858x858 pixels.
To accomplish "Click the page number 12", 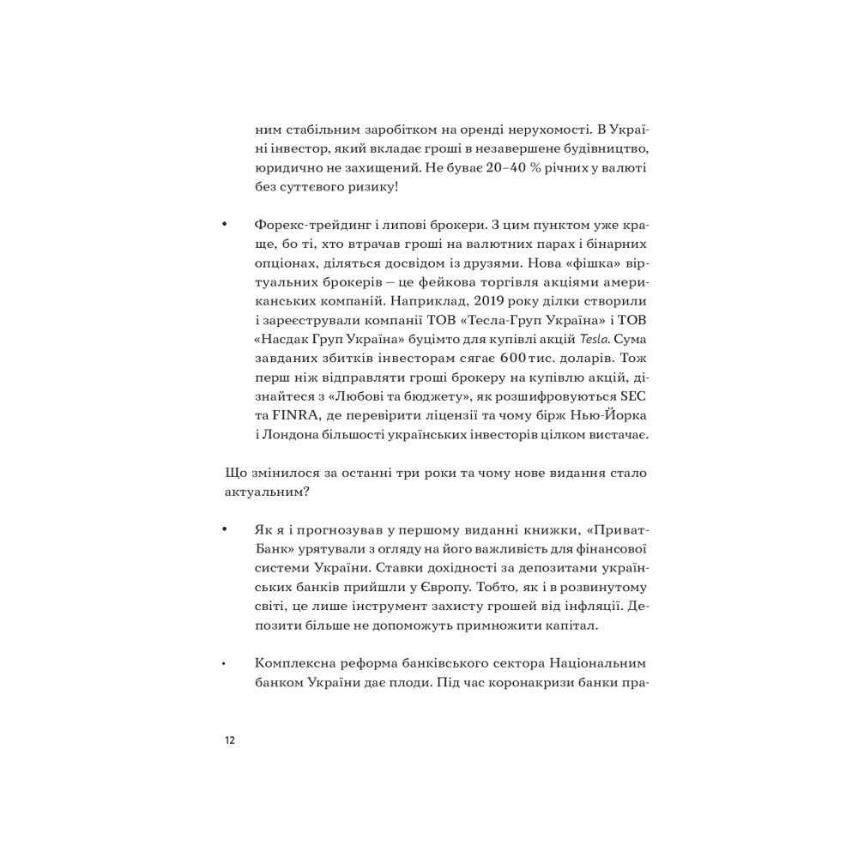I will click(229, 741).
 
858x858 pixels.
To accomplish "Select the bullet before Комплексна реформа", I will click(224, 665).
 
